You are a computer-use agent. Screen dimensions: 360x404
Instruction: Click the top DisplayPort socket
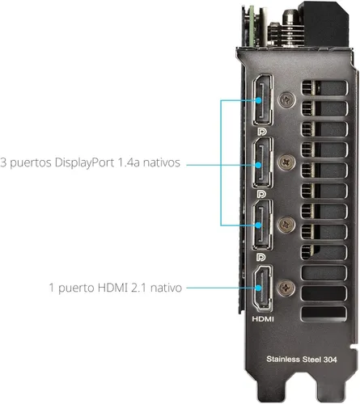(x=262, y=100)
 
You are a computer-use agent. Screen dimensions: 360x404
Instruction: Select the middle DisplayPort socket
(x=262, y=162)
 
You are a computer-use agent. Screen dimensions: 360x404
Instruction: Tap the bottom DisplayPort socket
(x=262, y=225)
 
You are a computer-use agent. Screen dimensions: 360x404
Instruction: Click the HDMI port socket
(x=262, y=288)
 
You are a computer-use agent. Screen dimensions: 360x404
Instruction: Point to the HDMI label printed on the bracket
(x=263, y=319)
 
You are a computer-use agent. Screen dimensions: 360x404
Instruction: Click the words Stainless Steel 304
(x=302, y=360)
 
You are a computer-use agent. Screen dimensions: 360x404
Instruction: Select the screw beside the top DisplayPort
(x=286, y=100)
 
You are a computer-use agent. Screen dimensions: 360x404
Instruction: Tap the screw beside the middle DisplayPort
(x=286, y=162)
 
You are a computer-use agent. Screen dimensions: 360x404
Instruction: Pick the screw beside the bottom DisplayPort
(x=286, y=225)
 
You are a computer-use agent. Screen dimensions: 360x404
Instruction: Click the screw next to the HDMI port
(x=286, y=288)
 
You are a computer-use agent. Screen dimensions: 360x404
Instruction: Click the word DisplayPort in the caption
(x=84, y=163)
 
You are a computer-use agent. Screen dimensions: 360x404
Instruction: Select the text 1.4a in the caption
(x=129, y=162)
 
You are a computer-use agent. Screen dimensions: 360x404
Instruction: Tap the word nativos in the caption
(x=162, y=162)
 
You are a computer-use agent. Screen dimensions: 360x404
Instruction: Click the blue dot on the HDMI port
(x=258, y=288)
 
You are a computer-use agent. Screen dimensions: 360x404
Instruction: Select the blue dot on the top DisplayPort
(x=258, y=100)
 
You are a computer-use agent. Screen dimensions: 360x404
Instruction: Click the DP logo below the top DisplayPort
(x=261, y=132)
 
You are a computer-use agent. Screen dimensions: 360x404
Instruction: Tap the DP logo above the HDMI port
(x=261, y=257)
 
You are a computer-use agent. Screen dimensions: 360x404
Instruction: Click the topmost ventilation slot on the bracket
(x=324, y=88)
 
